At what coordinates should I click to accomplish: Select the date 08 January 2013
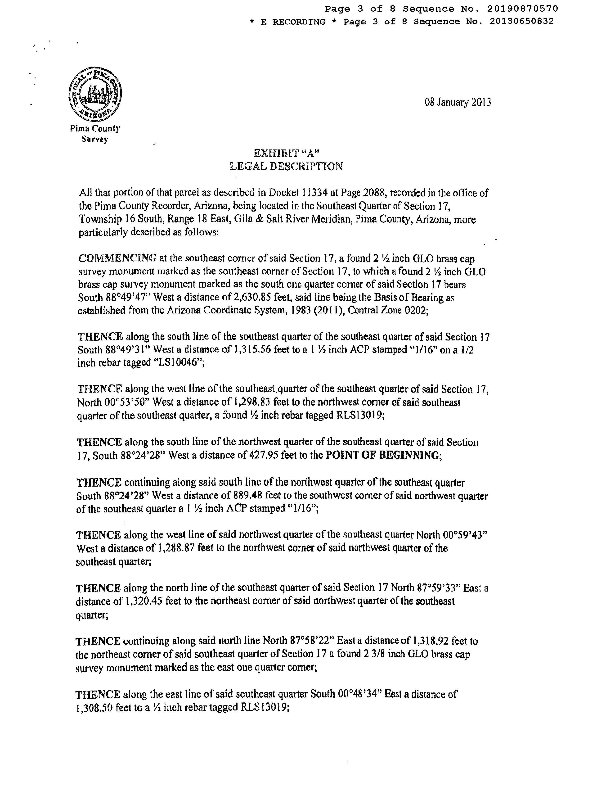click(457, 103)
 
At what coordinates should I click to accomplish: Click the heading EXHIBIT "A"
click(287, 153)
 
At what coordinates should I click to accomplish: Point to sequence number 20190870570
click(523, 9)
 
